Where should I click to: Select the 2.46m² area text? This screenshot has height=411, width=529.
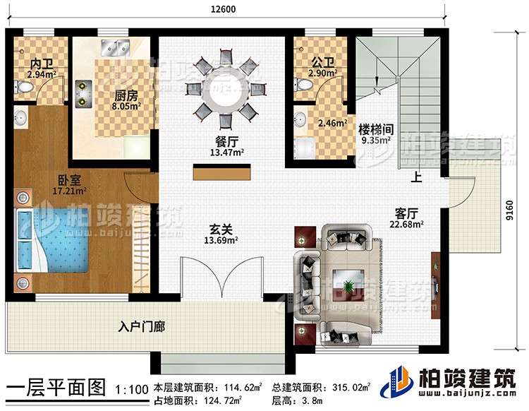click(332, 124)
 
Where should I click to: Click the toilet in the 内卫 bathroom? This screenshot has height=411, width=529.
click(25, 86)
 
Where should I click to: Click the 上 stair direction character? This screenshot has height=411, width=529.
click(418, 179)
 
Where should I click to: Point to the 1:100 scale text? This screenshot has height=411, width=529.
click(132, 389)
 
